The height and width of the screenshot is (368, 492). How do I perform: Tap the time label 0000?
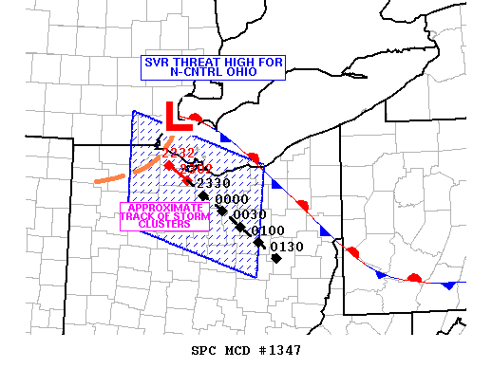pyautogui.click(x=232, y=199)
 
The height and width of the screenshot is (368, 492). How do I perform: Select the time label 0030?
pyautogui.click(x=249, y=214)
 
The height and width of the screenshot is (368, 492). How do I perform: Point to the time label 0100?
pyautogui.click(x=269, y=230)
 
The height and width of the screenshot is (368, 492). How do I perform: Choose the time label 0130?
pyautogui.click(x=287, y=247)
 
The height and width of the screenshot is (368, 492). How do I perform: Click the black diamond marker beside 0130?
pyautogui.click(x=275, y=258)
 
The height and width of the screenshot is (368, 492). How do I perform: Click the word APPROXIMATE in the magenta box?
pyautogui.click(x=164, y=208)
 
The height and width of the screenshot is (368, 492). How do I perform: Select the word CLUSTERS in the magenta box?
pyautogui.click(x=164, y=225)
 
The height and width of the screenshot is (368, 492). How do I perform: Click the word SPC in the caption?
pyautogui.click(x=204, y=351)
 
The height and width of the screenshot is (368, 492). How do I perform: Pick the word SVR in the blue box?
pyautogui.click(x=156, y=63)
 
